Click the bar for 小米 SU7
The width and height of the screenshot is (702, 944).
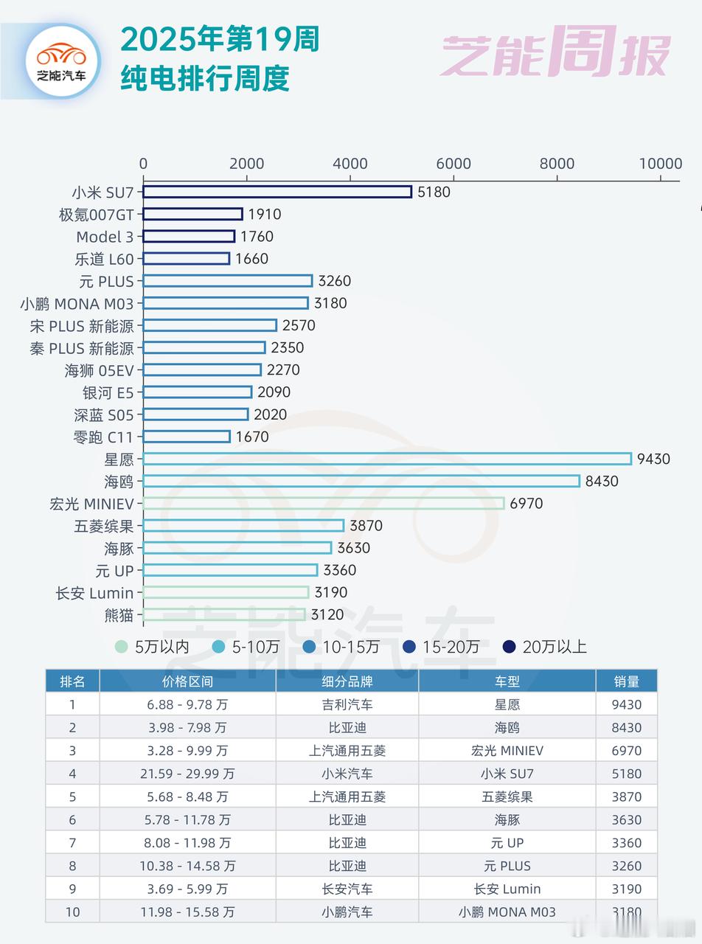point(277,192)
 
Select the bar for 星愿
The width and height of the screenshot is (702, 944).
point(387,459)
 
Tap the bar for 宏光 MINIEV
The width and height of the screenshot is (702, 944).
point(324,503)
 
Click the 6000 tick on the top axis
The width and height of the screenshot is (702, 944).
point(453,164)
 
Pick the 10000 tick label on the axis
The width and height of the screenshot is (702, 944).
point(659,164)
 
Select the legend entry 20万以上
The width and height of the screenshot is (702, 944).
point(554,647)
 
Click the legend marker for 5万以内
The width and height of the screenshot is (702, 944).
point(121,647)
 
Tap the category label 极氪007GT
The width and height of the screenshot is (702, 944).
point(97,215)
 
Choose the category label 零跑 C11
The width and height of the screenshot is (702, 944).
point(104,437)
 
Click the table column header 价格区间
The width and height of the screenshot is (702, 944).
point(187,681)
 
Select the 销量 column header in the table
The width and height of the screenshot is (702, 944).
point(626,681)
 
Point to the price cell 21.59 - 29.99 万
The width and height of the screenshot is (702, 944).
point(187,774)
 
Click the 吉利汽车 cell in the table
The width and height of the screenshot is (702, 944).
point(347,704)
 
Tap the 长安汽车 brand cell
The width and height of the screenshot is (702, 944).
point(347,889)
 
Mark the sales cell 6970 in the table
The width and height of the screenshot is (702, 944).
point(626,751)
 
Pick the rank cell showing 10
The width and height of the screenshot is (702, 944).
point(72,912)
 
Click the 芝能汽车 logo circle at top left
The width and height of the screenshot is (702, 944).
point(62,60)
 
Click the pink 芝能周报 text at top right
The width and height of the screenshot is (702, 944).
point(555,53)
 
